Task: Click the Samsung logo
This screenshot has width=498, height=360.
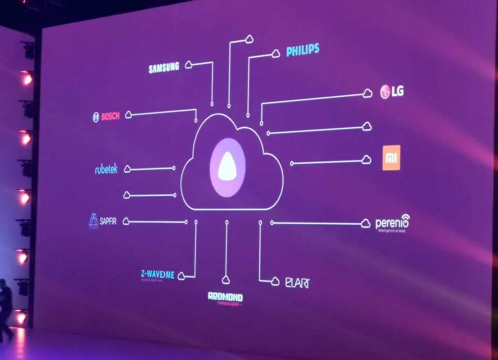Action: point(163,67)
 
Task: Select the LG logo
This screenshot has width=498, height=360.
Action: point(392,92)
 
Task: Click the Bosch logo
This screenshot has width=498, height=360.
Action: point(106,116)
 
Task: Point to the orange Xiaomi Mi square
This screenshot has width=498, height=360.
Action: point(391,158)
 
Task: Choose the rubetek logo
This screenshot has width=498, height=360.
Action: point(106,169)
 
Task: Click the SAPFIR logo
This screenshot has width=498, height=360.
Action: point(103,221)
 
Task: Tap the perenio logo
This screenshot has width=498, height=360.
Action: point(392,223)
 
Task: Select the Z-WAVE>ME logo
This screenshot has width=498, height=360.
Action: point(157,274)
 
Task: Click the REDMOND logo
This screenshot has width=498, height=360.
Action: point(225,298)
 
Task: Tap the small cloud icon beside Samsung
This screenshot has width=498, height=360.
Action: point(189,65)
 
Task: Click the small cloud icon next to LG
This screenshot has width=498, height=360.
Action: point(367,93)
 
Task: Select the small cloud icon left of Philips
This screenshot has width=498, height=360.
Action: point(276,54)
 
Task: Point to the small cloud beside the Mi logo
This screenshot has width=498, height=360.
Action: point(367,160)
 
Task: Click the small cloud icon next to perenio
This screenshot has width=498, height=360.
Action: point(366,223)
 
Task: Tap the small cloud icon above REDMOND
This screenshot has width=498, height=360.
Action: point(226,280)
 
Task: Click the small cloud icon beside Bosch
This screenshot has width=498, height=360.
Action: point(128,115)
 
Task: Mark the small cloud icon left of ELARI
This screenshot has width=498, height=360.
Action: point(276,281)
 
